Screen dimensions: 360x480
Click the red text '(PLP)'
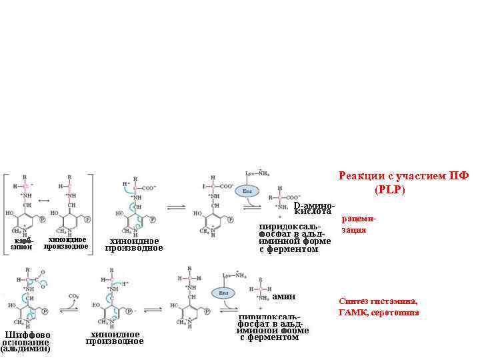tap(389, 189)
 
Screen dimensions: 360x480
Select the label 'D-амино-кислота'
tap(314, 208)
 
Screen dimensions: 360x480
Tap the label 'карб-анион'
tap(23, 243)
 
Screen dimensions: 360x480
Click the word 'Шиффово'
tap(27, 335)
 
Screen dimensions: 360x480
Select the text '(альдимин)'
tap(25, 349)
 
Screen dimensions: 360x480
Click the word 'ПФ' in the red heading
tap(461, 176)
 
